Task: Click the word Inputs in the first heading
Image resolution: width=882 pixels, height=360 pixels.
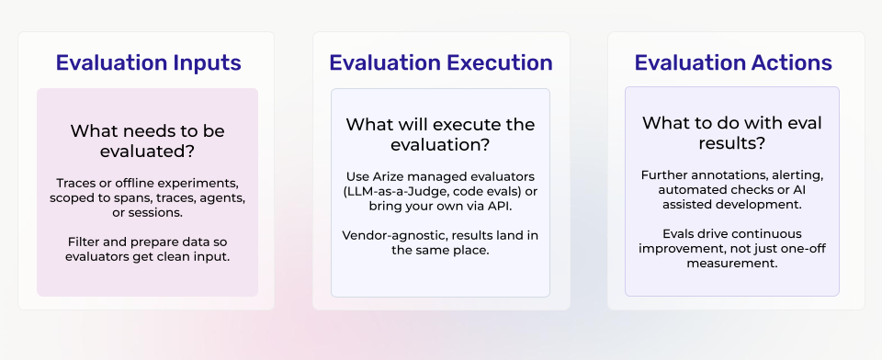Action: (x=208, y=62)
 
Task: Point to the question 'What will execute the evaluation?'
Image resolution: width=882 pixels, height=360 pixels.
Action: (x=440, y=134)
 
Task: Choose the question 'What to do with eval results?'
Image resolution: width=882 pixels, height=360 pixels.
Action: (x=732, y=134)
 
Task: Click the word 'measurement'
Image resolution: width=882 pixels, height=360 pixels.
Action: (x=732, y=263)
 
